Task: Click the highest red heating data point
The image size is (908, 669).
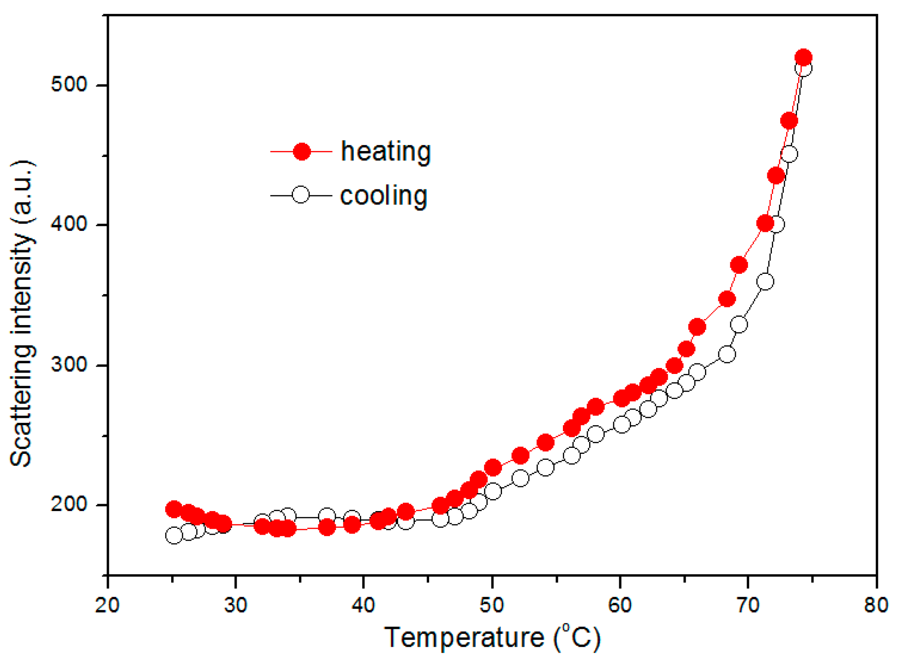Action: [x=803, y=58]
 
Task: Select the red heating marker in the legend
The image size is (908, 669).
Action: [x=301, y=151]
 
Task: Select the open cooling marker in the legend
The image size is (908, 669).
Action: [x=301, y=195]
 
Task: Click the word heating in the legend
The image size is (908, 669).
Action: [x=386, y=151]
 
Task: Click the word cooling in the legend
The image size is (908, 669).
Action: [x=383, y=196]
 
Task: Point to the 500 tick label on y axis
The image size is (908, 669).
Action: [x=69, y=85]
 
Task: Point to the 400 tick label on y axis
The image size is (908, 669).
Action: [x=69, y=225]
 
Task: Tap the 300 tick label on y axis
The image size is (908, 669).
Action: [x=69, y=365]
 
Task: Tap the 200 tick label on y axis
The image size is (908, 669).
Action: [x=69, y=504]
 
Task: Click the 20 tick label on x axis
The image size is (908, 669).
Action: [x=108, y=604]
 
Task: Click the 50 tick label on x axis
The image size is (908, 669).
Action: [x=492, y=604]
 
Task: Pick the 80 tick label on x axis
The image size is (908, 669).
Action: [x=876, y=604]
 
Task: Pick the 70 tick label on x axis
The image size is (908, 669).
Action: [x=748, y=604]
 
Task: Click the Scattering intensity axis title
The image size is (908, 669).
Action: [x=22, y=314]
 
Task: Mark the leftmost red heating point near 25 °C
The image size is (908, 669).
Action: [x=173, y=509]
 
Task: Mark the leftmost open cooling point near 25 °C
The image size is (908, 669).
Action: [x=173, y=536]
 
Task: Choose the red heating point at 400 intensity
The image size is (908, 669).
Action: [x=765, y=223]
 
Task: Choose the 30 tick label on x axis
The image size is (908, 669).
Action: [x=236, y=604]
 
